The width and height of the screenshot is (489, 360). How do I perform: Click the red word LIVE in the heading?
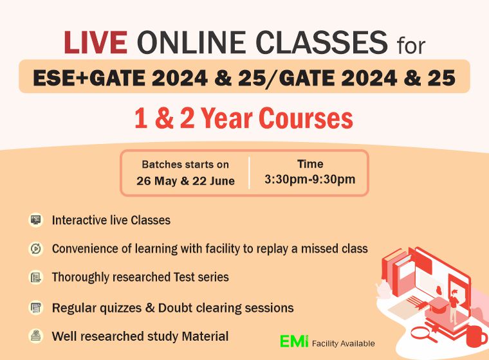[x=95, y=44]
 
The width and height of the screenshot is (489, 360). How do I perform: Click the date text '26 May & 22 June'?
[x=185, y=181]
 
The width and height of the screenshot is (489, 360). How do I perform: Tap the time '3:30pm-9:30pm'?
[x=309, y=179]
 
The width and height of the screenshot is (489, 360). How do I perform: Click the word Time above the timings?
[x=310, y=164]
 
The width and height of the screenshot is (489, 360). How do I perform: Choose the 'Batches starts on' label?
[x=185, y=165]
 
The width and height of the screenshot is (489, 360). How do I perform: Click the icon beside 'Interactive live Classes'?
[x=36, y=220]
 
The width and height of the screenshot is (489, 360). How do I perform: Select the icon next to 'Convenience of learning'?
[x=36, y=248]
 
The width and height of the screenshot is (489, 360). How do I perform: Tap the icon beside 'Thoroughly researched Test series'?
[x=36, y=278]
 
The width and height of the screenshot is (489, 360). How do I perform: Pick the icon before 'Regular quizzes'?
[x=36, y=307]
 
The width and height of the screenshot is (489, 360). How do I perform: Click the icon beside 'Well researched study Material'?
[x=36, y=336]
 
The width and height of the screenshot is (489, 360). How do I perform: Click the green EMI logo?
[x=294, y=341]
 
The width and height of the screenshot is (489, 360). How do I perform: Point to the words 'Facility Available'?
[x=343, y=343]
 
